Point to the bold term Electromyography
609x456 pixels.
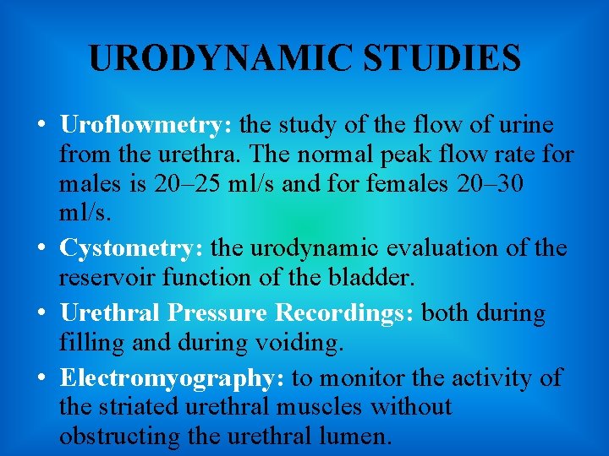166,377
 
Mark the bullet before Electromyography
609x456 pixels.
41,378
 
